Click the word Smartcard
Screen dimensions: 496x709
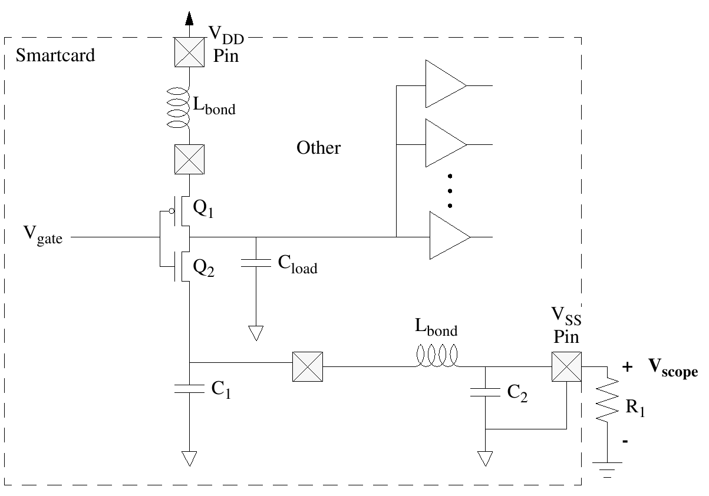[x=55, y=57]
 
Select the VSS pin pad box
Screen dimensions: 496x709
[x=566, y=366]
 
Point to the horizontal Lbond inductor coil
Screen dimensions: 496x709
[x=437, y=356]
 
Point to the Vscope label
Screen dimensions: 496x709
[x=673, y=368]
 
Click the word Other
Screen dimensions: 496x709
[x=318, y=147]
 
